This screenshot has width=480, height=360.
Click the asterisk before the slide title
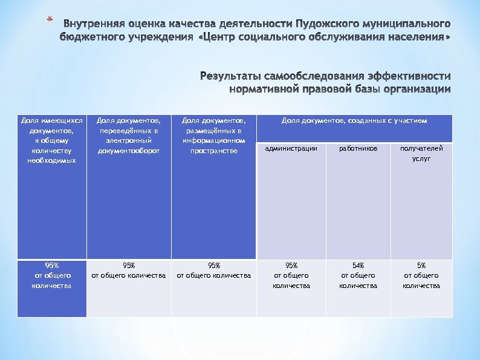(50, 22)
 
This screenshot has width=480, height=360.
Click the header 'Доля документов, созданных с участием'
(354, 121)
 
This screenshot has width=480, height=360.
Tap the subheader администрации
(291, 148)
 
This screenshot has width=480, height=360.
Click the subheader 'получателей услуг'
(421, 153)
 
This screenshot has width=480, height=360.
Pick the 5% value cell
(421, 275)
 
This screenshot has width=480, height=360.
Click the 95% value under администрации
(291, 275)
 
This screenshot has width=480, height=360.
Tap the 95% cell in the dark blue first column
(52, 275)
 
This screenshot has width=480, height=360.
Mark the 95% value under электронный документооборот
(128, 270)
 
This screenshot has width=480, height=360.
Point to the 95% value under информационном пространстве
(213, 270)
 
